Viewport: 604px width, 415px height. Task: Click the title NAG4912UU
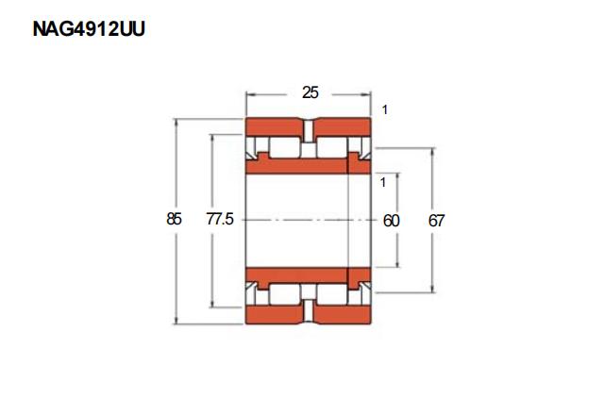pos(89,29)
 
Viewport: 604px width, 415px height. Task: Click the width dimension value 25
pos(310,92)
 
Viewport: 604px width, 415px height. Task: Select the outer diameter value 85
pos(174,219)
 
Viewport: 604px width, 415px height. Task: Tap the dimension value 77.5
pos(220,219)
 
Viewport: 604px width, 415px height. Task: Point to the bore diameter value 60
pos(391,221)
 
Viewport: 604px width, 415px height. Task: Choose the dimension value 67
pos(436,221)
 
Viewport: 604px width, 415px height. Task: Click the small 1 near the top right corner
pos(384,110)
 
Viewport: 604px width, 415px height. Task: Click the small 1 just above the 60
pos(382,182)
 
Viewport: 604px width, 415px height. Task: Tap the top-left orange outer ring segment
pos(275,126)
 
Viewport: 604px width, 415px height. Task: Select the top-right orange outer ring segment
pos(342,126)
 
